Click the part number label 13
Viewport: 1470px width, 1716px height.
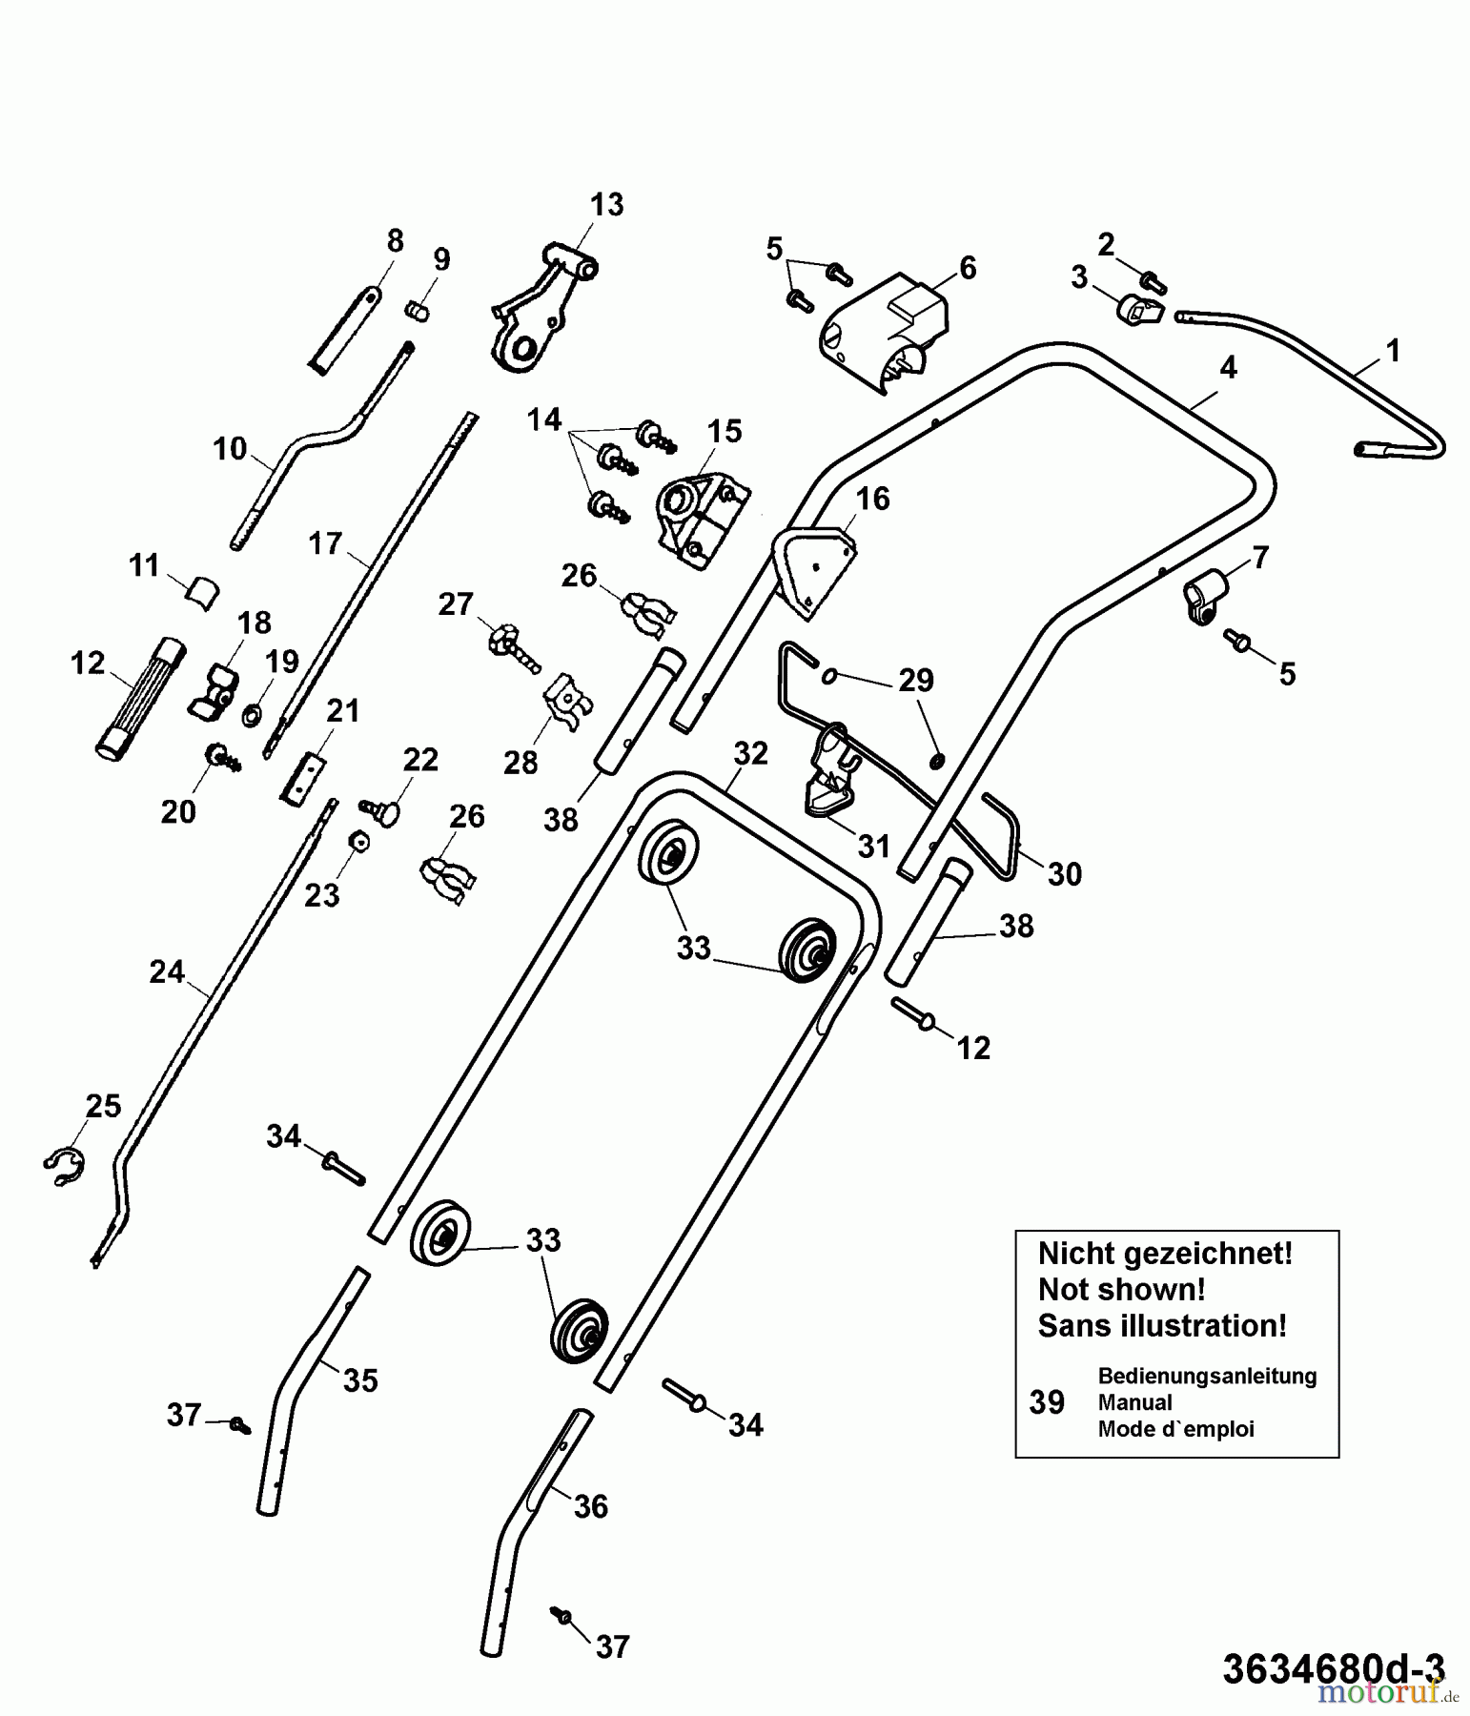[606, 204]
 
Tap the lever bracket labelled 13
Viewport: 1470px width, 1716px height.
[534, 315]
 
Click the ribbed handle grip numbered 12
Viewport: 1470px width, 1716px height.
[138, 696]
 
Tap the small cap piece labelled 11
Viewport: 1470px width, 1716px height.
[200, 593]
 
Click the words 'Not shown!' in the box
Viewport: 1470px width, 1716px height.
[1121, 1289]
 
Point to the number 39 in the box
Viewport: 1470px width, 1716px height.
[1047, 1402]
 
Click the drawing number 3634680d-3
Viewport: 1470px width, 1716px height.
[1333, 1668]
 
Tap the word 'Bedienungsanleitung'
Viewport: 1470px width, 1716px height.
[1207, 1376]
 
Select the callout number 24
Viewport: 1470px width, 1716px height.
[167, 971]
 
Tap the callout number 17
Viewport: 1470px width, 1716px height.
[324, 543]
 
